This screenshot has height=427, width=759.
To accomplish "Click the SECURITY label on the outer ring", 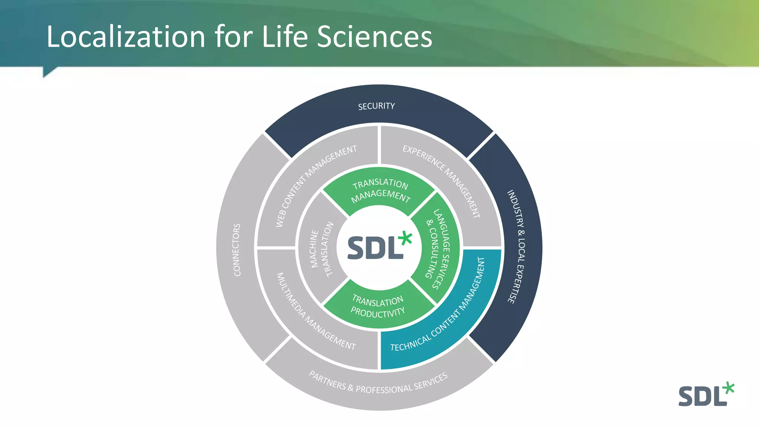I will [x=376, y=106].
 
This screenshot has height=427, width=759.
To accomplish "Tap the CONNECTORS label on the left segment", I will [x=237, y=250].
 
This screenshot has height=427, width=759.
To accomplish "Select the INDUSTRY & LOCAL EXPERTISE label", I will [x=516, y=246].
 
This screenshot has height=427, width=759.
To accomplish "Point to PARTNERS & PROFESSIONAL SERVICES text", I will [x=378, y=384].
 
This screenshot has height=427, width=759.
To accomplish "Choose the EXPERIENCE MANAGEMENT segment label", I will [x=442, y=180].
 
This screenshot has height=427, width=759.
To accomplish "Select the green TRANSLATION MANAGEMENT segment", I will [x=380, y=190].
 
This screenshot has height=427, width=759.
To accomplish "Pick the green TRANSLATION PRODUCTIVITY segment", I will [x=378, y=306].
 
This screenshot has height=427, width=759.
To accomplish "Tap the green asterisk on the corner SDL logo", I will [x=729, y=388].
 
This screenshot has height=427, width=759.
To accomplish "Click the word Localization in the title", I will [x=126, y=37].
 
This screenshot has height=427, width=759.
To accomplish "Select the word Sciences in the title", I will [x=375, y=37].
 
